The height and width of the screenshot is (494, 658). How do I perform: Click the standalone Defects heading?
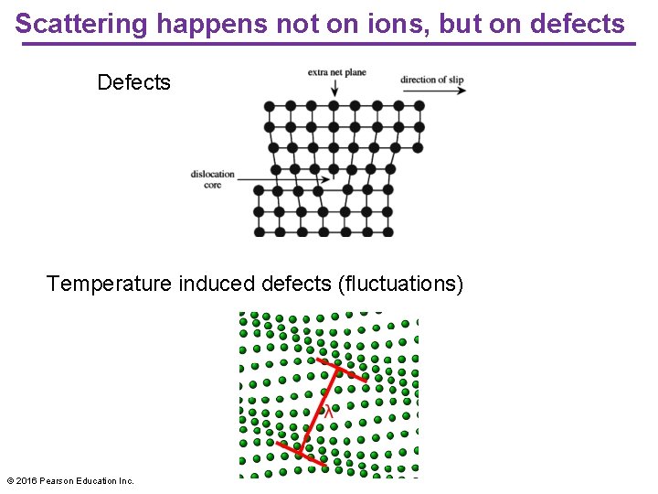coord(133,82)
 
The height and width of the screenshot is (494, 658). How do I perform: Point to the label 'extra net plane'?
coord(336,72)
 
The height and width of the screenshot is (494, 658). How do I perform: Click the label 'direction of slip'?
coord(431,80)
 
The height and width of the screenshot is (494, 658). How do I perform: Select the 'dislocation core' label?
coord(213,179)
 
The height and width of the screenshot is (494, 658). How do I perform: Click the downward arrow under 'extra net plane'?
coord(335,88)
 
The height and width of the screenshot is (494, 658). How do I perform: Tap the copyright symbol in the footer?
coord(10,480)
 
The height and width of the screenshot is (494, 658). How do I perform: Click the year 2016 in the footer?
coord(27,480)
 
